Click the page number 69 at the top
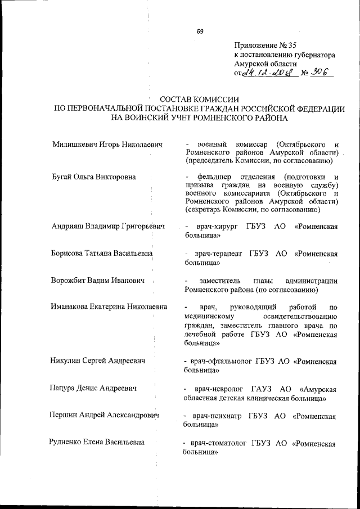tap(200, 31)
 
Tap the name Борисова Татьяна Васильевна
tap(102, 254)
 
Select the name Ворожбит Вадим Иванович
tap(97, 281)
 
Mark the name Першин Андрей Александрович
tap(105, 416)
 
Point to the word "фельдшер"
tap(216, 177)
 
